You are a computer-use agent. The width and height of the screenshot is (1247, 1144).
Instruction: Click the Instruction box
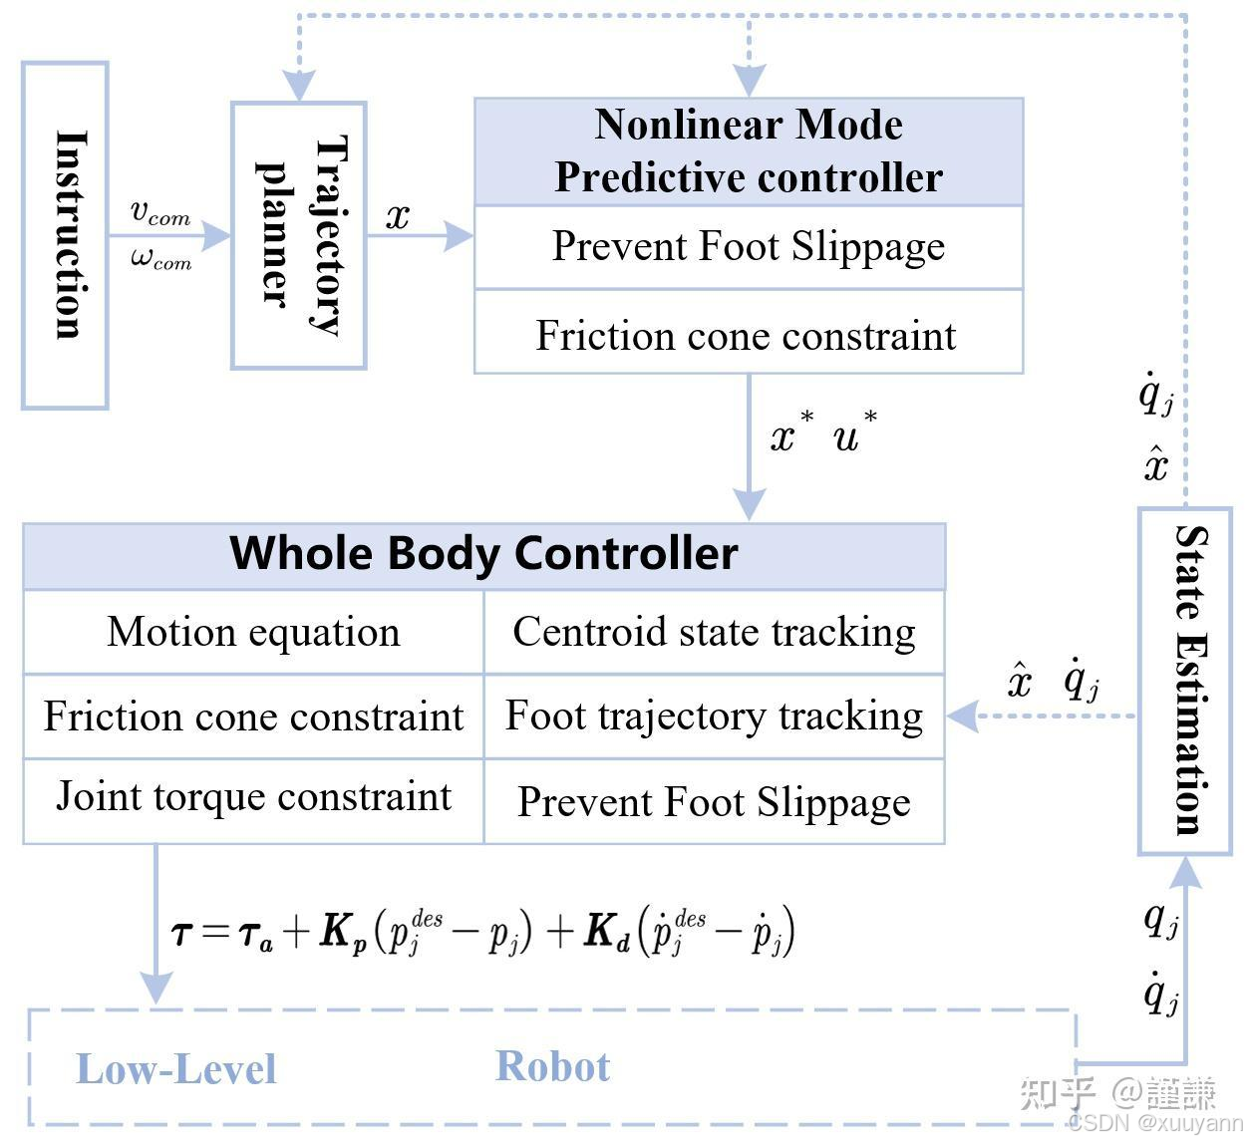click(x=65, y=235)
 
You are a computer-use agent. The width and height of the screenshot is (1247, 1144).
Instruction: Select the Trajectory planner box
click(x=299, y=235)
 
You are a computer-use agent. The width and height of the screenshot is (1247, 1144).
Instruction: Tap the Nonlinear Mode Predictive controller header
click(x=749, y=151)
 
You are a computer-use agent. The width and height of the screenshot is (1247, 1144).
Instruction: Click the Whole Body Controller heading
click(x=483, y=554)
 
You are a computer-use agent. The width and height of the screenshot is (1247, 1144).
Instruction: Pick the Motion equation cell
click(x=253, y=632)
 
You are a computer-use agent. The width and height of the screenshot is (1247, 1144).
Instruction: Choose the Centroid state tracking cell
click(x=714, y=632)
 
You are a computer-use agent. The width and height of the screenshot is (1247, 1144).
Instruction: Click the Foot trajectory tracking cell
click(x=714, y=715)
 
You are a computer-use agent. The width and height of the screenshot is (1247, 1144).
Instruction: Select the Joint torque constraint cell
click(x=253, y=797)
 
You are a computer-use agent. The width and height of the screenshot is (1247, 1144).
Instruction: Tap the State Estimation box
click(x=1185, y=681)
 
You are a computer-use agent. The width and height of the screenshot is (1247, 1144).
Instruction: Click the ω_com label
click(x=159, y=259)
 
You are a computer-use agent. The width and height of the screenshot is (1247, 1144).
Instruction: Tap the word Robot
click(x=552, y=1066)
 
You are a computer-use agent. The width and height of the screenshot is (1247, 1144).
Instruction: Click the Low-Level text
click(x=175, y=1069)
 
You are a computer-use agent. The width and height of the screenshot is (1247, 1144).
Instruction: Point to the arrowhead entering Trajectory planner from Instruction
click(x=218, y=236)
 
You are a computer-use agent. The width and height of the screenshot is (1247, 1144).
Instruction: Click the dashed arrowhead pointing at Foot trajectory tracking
click(x=960, y=715)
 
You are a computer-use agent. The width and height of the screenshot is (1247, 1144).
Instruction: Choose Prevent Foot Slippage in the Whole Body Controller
click(x=714, y=802)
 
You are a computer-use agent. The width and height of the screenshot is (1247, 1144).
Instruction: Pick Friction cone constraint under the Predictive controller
click(x=746, y=336)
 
